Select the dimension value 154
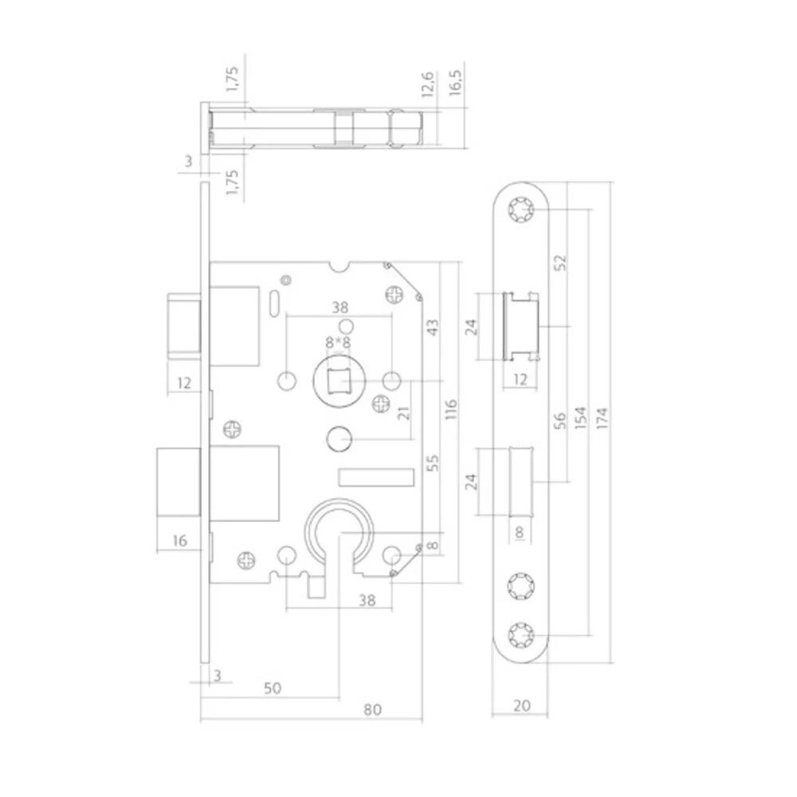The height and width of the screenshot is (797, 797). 582,419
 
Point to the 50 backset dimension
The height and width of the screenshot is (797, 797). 273,687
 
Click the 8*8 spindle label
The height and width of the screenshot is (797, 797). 338,342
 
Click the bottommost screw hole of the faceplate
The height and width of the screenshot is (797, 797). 522,635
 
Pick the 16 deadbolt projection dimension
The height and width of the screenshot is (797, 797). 179,541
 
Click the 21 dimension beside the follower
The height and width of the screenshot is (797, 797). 402,412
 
